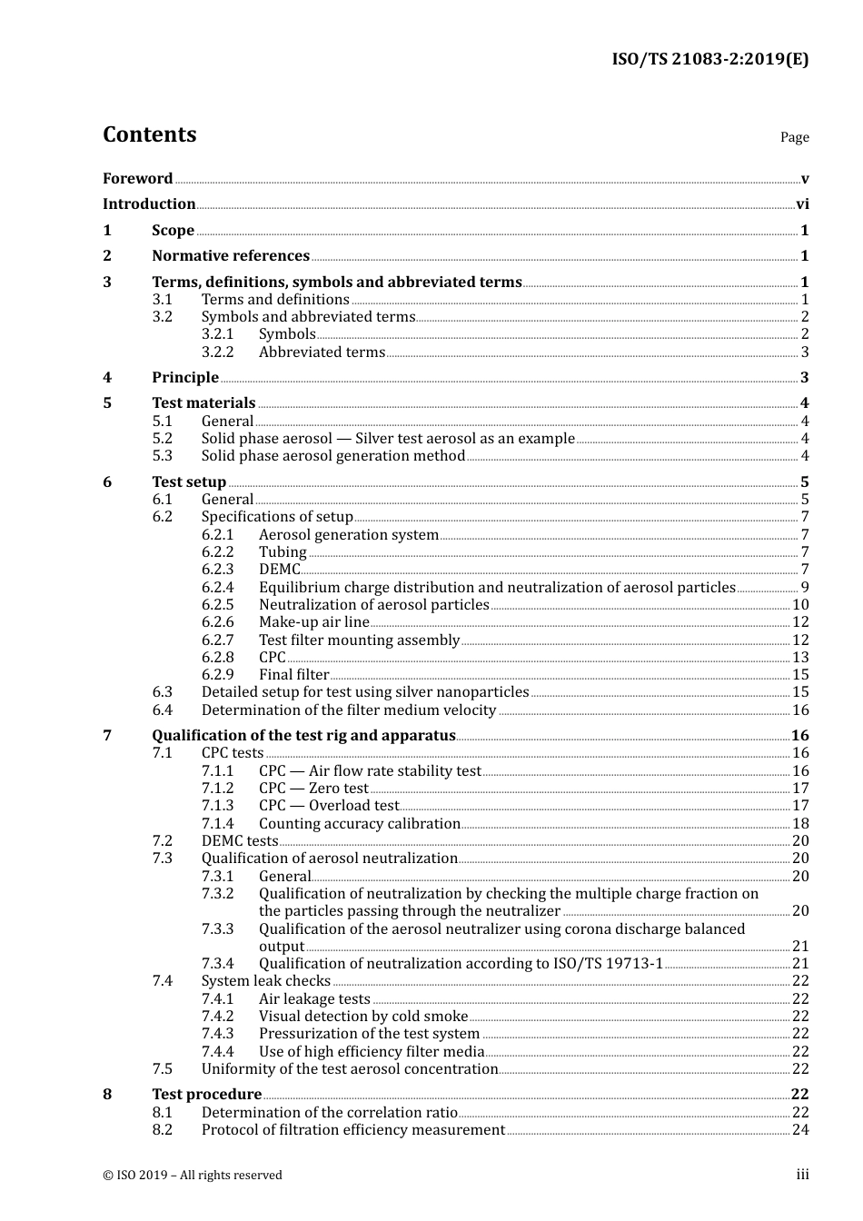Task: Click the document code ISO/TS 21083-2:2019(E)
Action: (709, 60)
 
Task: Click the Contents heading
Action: (149, 134)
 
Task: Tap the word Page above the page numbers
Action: (794, 137)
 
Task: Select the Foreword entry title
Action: (137, 179)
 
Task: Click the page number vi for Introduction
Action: (802, 204)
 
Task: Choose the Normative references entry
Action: (231, 256)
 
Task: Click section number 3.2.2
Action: (217, 352)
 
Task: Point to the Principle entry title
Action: (185, 378)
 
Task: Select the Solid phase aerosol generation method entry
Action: (332, 456)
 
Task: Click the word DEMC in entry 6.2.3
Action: (279, 570)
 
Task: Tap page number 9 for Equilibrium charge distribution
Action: (804, 588)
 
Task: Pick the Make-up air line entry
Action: (313, 622)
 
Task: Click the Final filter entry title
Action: (293, 675)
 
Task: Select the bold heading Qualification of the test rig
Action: (303, 736)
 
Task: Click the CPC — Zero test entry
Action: (313, 789)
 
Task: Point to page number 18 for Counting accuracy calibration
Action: (800, 824)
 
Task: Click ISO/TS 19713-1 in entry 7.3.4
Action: (608, 964)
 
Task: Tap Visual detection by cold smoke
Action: (363, 1017)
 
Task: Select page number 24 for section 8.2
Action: (800, 1130)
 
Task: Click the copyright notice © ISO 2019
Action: (193, 1176)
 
